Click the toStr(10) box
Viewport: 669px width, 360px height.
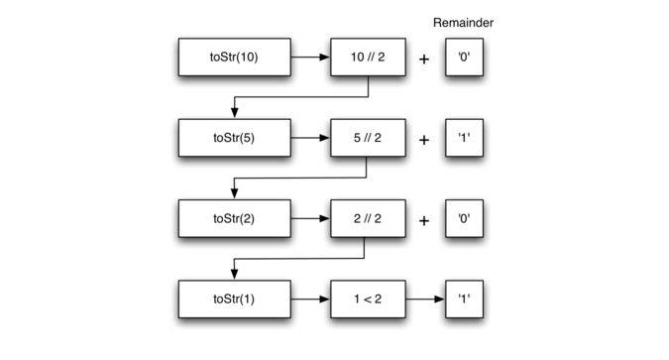tap(234, 59)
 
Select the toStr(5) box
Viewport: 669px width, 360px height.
tap(234, 138)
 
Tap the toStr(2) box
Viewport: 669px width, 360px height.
tap(234, 217)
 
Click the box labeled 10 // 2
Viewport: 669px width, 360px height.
tap(368, 59)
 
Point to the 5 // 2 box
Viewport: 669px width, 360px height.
tap(368, 138)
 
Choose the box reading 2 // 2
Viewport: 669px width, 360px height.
tap(368, 217)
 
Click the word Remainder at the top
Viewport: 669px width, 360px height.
tap(464, 21)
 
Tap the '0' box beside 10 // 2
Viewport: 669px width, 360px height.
tap(464, 59)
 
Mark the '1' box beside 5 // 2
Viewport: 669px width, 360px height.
tap(464, 138)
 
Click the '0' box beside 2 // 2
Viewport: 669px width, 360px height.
tap(464, 217)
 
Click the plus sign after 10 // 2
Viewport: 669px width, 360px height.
tap(424, 60)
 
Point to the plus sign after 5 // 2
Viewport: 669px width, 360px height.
tap(424, 139)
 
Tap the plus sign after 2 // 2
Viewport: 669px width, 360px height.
tap(424, 218)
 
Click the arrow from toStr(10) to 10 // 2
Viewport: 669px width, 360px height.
tap(310, 59)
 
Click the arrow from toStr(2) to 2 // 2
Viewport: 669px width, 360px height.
tap(310, 217)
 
